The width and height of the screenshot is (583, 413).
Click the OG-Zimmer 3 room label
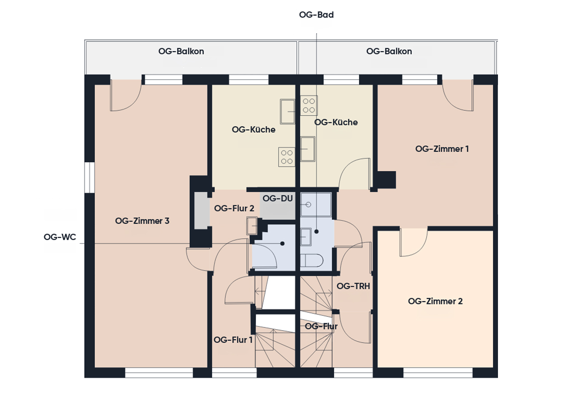(x=142, y=221)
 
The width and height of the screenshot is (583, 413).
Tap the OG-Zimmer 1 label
(x=442, y=149)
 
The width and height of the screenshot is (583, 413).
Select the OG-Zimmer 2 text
(x=435, y=301)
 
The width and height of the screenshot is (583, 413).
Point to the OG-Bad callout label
(x=316, y=14)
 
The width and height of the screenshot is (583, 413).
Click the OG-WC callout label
(x=60, y=237)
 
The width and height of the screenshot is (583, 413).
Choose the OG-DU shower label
(x=277, y=198)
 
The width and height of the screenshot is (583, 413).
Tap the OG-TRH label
(x=353, y=286)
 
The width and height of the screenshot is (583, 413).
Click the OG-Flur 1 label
(x=233, y=340)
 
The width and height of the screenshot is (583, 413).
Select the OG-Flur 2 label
(x=234, y=208)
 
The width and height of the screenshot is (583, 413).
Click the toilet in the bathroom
(x=312, y=260)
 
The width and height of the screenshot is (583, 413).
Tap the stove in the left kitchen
(x=287, y=157)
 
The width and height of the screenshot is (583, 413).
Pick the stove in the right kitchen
(x=309, y=106)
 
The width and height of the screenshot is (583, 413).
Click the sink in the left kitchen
(x=288, y=111)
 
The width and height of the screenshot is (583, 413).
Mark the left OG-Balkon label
(x=181, y=51)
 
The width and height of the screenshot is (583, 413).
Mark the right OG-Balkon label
(x=389, y=51)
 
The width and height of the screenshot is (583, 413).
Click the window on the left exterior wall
(x=90, y=178)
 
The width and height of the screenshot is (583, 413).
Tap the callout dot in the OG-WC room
(x=282, y=244)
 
